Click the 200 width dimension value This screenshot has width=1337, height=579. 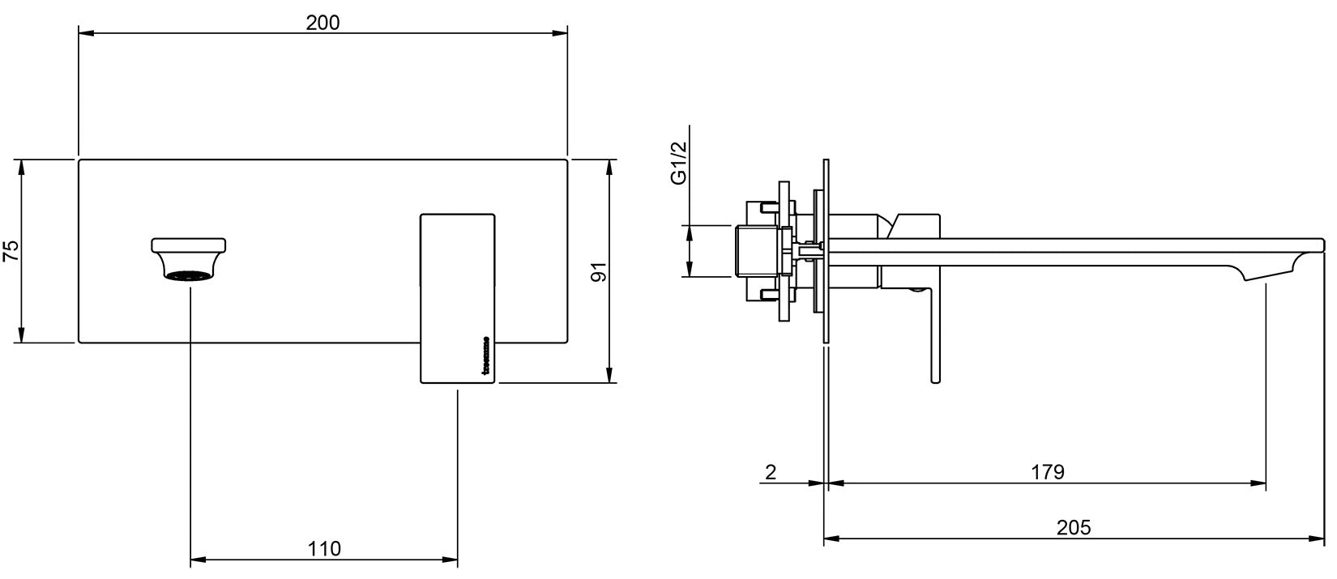coord(323,22)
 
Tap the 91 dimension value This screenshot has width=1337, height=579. coord(599,271)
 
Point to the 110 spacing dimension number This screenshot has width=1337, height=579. coord(324,548)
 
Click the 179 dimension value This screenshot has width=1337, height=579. coord(1048,472)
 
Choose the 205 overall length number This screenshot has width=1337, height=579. coord(1074,527)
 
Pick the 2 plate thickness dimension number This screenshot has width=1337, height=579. coord(771,472)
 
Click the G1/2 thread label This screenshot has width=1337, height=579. coord(679,163)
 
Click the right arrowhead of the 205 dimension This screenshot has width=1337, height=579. coord(1318,538)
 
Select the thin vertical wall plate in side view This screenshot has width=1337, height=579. coord(826,251)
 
